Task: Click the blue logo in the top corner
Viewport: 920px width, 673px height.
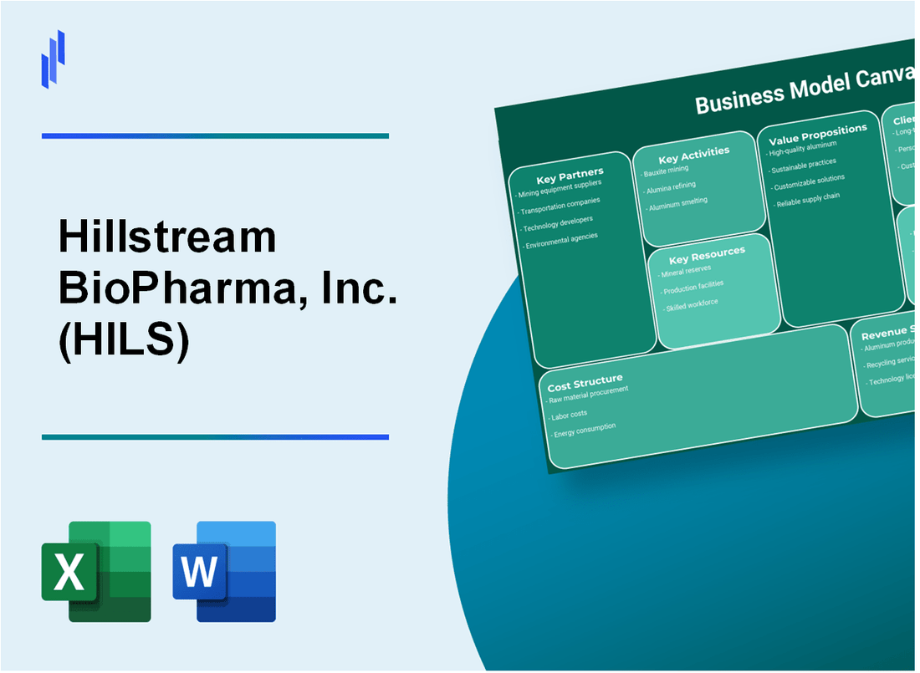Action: (x=53, y=58)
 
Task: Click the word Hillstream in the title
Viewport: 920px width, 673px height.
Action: (x=167, y=239)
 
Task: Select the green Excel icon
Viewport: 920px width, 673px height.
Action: (x=96, y=572)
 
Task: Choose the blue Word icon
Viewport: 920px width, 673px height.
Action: (x=224, y=572)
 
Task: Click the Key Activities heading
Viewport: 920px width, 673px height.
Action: (x=693, y=155)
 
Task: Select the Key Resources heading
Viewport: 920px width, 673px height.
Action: (x=708, y=254)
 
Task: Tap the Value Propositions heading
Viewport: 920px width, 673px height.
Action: (x=817, y=135)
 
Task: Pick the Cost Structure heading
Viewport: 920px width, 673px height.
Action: (x=585, y=384)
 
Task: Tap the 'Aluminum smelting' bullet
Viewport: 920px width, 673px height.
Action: (x=677, y=202)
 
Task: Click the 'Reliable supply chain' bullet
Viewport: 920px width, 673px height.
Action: (x=809, y=200)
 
